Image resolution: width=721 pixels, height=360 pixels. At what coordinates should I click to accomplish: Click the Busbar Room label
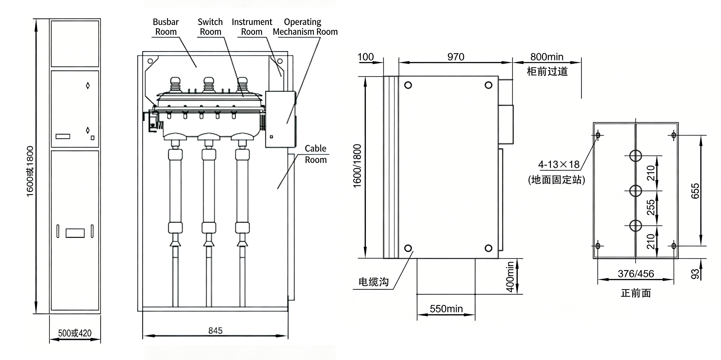coord(166,27)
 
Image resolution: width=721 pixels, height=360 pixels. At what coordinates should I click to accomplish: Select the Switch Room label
coord(210,27)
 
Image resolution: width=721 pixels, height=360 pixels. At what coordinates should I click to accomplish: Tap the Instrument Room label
coord(252,27)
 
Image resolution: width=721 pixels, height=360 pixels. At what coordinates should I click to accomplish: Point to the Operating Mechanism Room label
coord(305,27)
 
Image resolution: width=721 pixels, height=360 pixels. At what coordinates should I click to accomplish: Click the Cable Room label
coord(316,154)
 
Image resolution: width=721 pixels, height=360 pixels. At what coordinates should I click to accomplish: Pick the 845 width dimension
coord(216,331)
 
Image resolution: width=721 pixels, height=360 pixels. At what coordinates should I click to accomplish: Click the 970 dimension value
coord(456,57)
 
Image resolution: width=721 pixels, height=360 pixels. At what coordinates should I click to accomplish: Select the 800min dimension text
coord(547,57)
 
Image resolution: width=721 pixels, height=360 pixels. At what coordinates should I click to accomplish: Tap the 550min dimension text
coord(446,309)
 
